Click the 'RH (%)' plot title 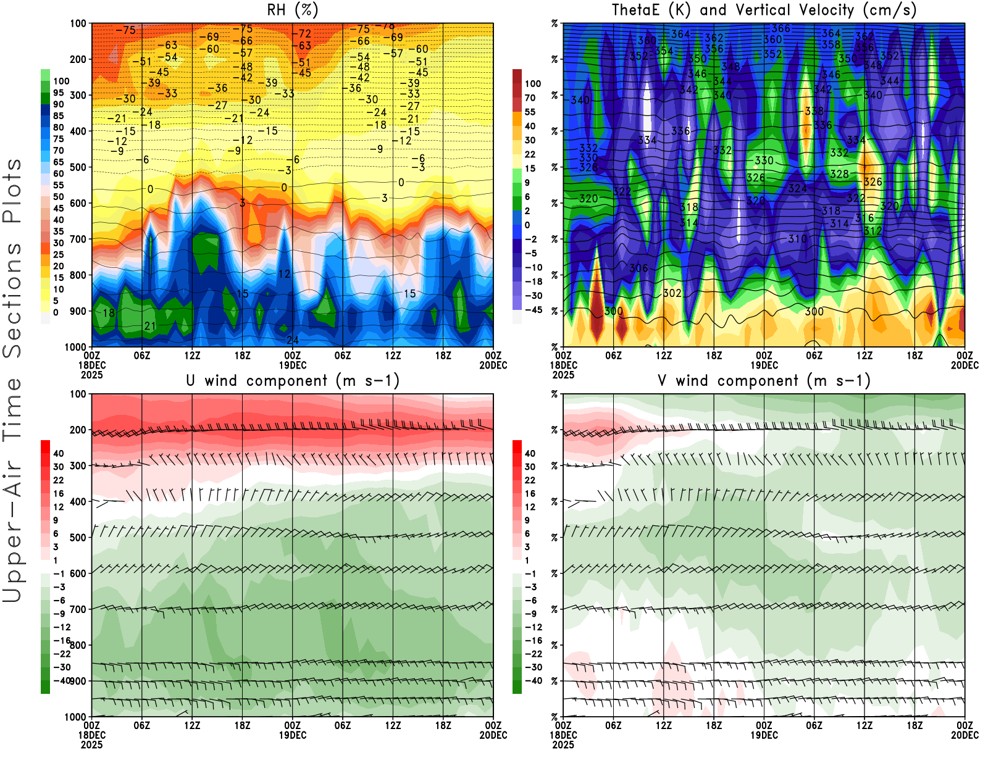(292, 10)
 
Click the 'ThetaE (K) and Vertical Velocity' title (764, 10)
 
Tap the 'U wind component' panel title (292, 380)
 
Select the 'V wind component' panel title (764, 380)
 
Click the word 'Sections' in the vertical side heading (12, 299)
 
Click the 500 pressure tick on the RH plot (78, 167)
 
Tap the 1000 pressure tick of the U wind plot (75, 717)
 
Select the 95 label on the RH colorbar (59, 93)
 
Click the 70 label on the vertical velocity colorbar (530, 98)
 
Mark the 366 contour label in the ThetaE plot (781, 28)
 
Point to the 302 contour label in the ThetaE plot (672, 293)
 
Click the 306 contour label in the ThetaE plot (638, 268)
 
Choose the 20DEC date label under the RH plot (493, 365)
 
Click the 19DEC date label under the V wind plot (764, 735)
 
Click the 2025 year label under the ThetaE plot (563, 375)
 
